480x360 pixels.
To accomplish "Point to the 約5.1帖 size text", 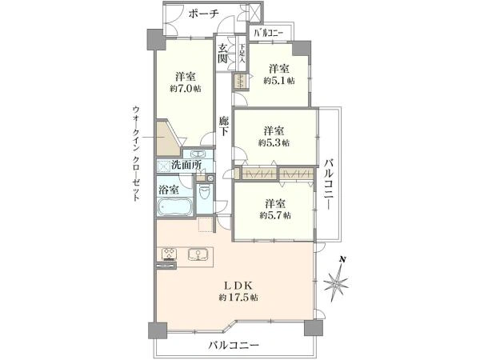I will coord(278,80).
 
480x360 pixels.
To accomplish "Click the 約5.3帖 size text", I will coord(274,142).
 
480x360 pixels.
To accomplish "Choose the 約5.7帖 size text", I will coord(274,215).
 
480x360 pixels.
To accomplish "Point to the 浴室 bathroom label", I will coord(168,190).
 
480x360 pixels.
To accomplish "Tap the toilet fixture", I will coord(204,193).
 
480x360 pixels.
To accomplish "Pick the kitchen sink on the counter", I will coord(197,255).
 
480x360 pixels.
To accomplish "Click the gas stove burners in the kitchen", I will coord(169,256).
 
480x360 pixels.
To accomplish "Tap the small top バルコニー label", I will coord(268,33).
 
